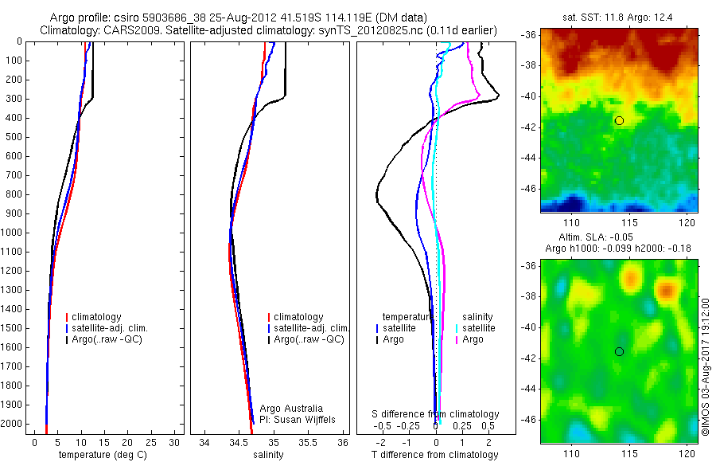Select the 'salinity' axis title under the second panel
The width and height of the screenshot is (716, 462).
(268, 455)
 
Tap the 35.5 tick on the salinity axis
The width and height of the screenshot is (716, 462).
(309, 442)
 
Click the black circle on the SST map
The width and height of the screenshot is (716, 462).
(619, 120)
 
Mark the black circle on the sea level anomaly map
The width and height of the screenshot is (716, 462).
(619, 351)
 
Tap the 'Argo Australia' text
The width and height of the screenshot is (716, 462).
(291, 409)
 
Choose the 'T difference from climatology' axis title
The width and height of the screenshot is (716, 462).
(436, 455)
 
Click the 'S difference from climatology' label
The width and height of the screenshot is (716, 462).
(436, 414)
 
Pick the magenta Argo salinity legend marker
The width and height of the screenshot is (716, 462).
(457, 339)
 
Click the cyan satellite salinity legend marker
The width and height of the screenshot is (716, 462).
(457, 328)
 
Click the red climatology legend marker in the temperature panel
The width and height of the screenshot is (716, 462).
(67, 317)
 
